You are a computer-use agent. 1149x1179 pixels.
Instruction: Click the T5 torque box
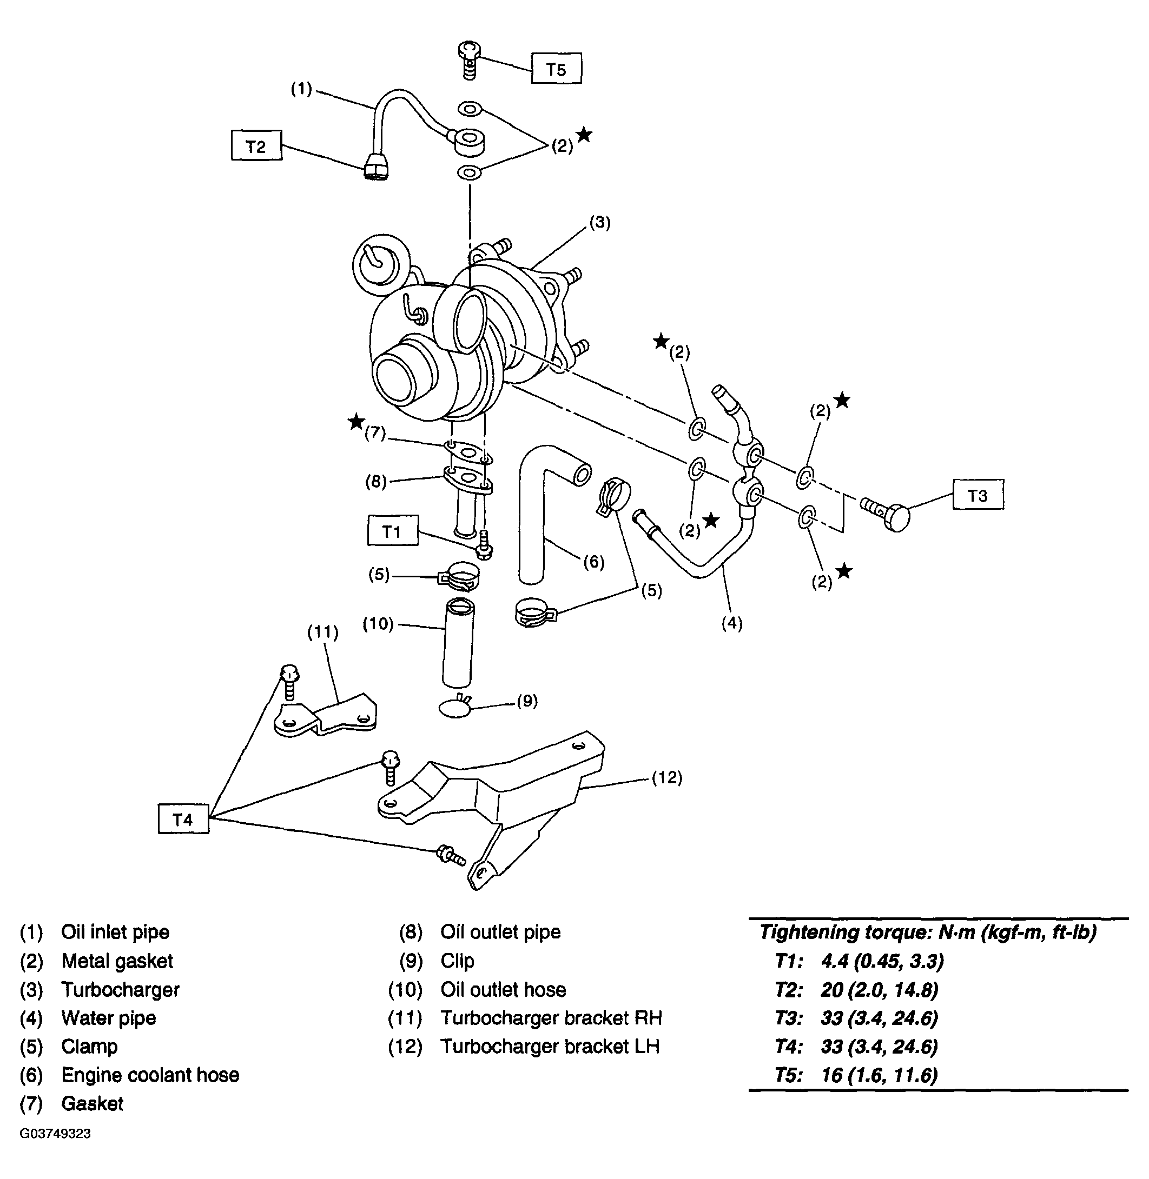[x=557, y=68]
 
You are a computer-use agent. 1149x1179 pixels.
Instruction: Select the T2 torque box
[x=256, y=146]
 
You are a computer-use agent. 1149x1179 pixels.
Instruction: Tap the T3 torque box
[x=978, y=495]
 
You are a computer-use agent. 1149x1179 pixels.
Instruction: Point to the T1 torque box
[x=393, y=531]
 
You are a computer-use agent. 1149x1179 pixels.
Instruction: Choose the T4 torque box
[x=183, y=818]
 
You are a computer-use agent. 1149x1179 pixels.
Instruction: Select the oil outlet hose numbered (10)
[x=458, y=642]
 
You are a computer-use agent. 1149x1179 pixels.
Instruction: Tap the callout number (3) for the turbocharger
[x=600, y=223]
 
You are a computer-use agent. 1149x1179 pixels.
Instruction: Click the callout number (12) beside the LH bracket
[x=667, y=777]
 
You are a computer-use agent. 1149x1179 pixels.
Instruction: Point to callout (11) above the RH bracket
[x=323, y=631]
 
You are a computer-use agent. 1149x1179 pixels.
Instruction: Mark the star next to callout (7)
[x=356, y=422]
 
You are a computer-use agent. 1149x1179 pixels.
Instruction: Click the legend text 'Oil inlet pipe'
[x=115, y=932]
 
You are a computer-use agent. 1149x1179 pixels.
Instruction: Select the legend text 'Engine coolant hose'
[x=150, y=1075]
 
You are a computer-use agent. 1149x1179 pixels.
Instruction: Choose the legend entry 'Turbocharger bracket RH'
[x=551, y=1017]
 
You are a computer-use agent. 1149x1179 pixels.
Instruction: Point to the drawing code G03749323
[x=56, y=1133]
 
